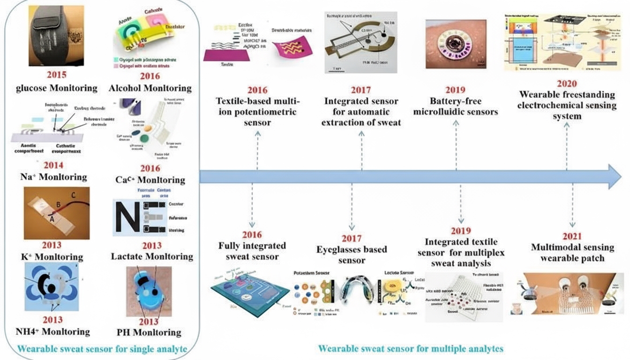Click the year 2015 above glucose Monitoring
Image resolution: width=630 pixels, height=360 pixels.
pos(56,75)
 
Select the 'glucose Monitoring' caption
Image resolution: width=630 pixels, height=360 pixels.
pos(56,88)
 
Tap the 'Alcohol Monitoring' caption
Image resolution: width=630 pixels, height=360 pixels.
pos(150,88)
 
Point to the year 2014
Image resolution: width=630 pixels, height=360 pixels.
pos(53,165)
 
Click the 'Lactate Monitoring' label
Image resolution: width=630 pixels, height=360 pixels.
pos(152,256)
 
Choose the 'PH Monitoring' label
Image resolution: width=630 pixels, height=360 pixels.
pos(149,332)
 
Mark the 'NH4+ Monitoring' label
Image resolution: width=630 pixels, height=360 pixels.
pos(52,332)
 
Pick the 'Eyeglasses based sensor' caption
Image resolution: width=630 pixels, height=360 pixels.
pos(351,255)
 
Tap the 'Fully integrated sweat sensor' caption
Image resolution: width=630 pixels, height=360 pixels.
pos(252,251)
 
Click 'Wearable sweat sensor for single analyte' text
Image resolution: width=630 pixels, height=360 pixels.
pos(103,349)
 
